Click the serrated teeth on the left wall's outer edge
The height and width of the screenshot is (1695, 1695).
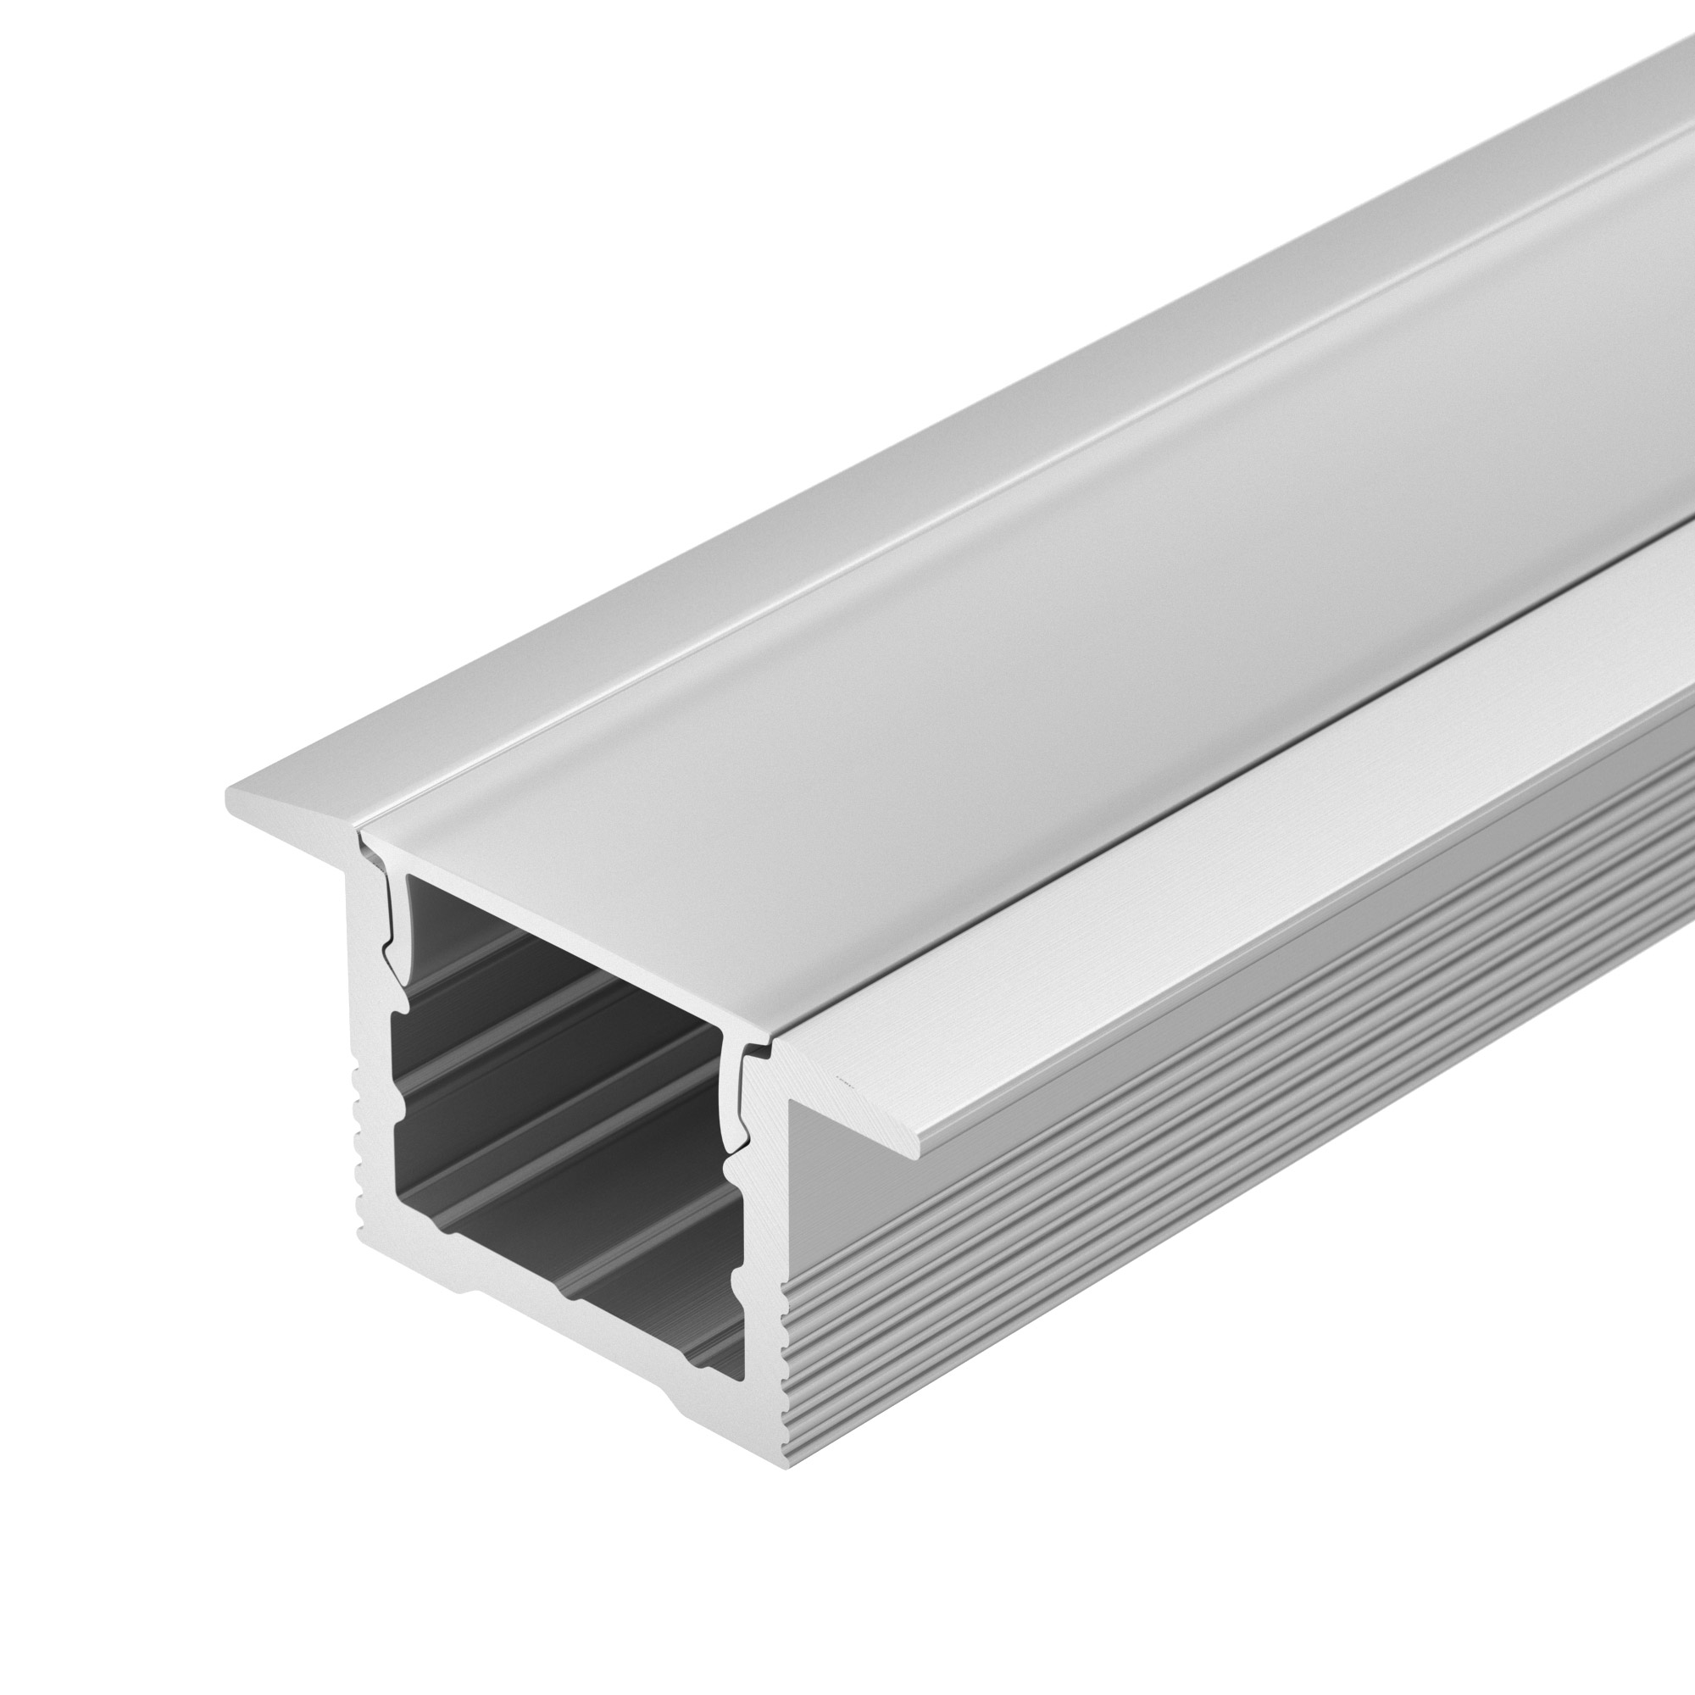click(x=362, y=1141)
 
